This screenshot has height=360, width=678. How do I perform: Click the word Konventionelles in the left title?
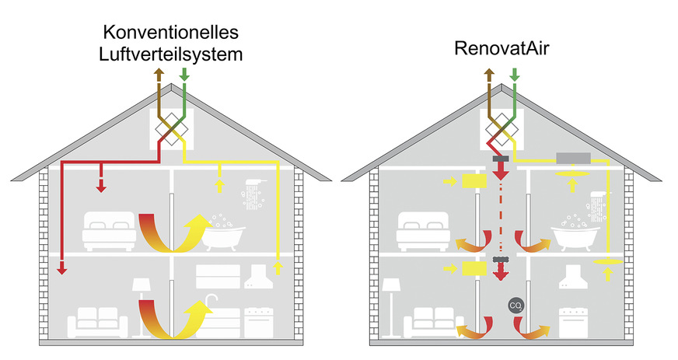coord(170,33)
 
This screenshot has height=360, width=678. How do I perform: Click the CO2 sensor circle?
coord(514,305)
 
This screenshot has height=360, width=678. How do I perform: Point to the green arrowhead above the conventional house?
coord(184,75)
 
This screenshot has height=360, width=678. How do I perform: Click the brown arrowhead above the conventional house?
coord(160,75)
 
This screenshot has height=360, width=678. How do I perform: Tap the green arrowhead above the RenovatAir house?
coord(513,75)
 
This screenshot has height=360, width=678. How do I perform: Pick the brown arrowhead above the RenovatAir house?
coord(489,75)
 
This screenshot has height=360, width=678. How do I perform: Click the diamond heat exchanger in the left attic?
coord(172,128)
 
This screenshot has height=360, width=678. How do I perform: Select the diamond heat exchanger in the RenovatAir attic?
coord(501,128)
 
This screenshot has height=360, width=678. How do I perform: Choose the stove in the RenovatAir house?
coord(573,321)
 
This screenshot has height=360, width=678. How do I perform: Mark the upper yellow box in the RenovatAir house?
coord(474,181)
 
